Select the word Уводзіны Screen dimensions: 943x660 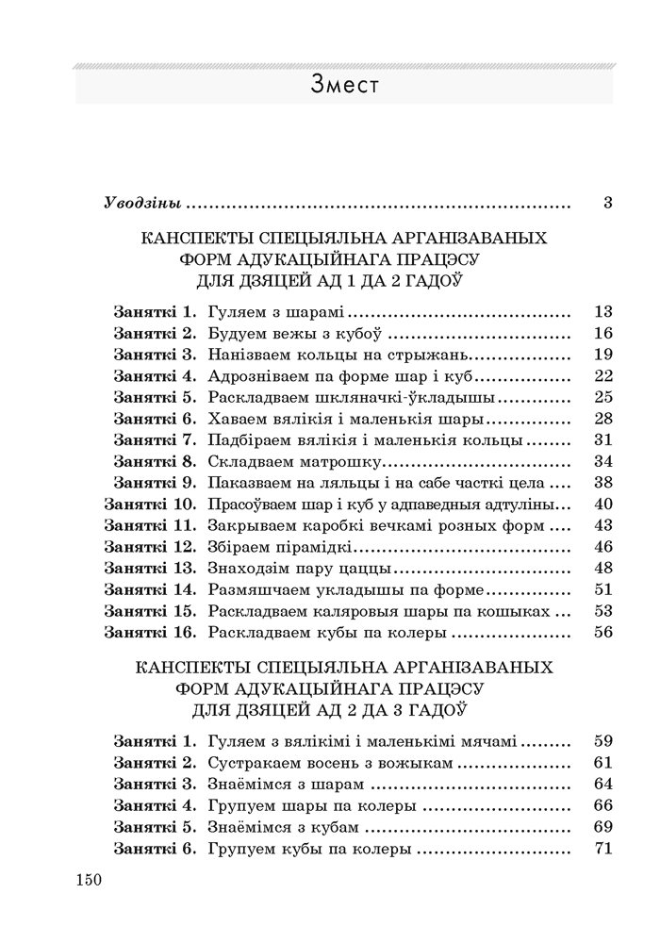143,203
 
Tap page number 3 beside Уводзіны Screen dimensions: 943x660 608,203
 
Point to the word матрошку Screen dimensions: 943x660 338,461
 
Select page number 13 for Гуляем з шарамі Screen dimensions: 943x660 604,311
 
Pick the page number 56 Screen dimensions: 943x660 604,632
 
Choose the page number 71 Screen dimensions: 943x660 604,849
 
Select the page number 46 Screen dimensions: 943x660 604,547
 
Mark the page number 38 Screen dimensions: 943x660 604,483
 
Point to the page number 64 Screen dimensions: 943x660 604,785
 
